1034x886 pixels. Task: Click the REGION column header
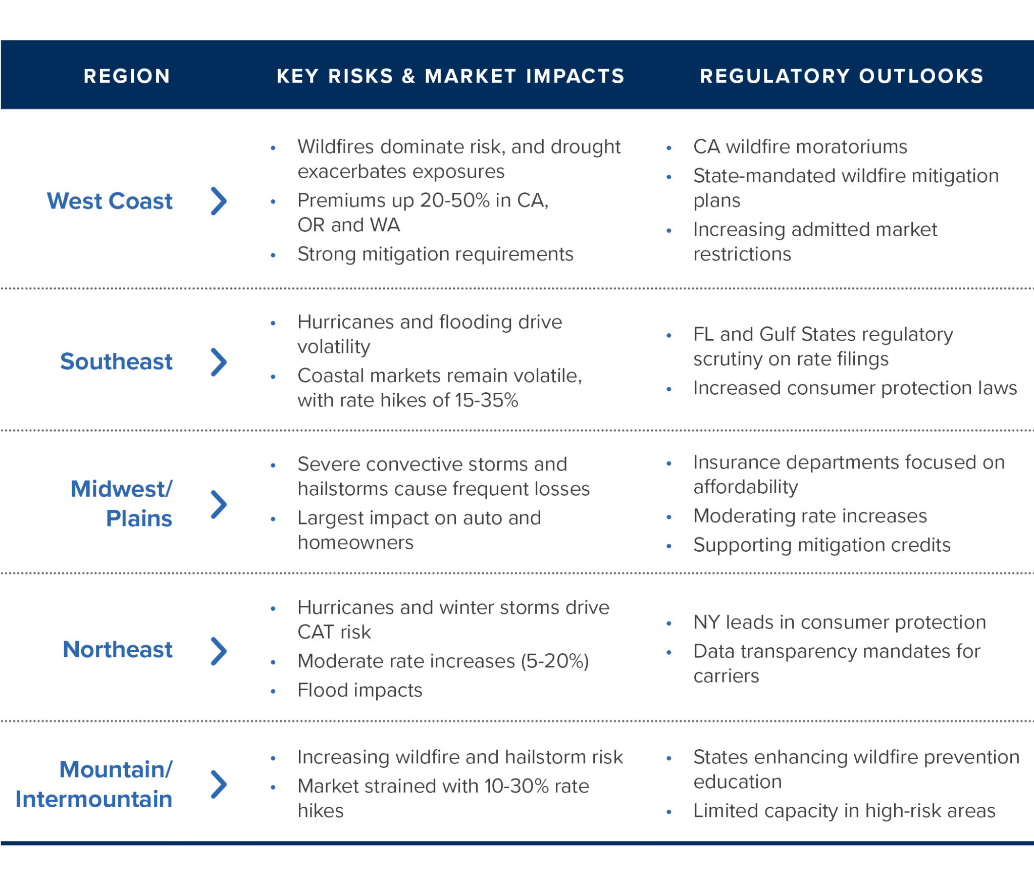127,76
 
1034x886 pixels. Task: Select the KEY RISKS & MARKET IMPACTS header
450,76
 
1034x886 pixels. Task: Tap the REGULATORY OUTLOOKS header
842,76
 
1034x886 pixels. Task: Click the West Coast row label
110,201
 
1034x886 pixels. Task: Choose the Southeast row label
116,361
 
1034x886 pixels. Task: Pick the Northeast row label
117,649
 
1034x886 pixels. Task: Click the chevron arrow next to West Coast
219,201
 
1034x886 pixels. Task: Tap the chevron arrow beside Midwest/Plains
219,504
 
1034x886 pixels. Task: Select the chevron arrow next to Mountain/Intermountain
219,784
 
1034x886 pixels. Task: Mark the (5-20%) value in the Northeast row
555,661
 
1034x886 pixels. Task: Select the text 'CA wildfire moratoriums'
800,147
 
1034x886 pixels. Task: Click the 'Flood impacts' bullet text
359,690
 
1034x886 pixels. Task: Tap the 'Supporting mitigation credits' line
821,545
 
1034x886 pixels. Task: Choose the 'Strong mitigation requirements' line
435,254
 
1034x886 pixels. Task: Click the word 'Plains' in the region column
139,518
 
